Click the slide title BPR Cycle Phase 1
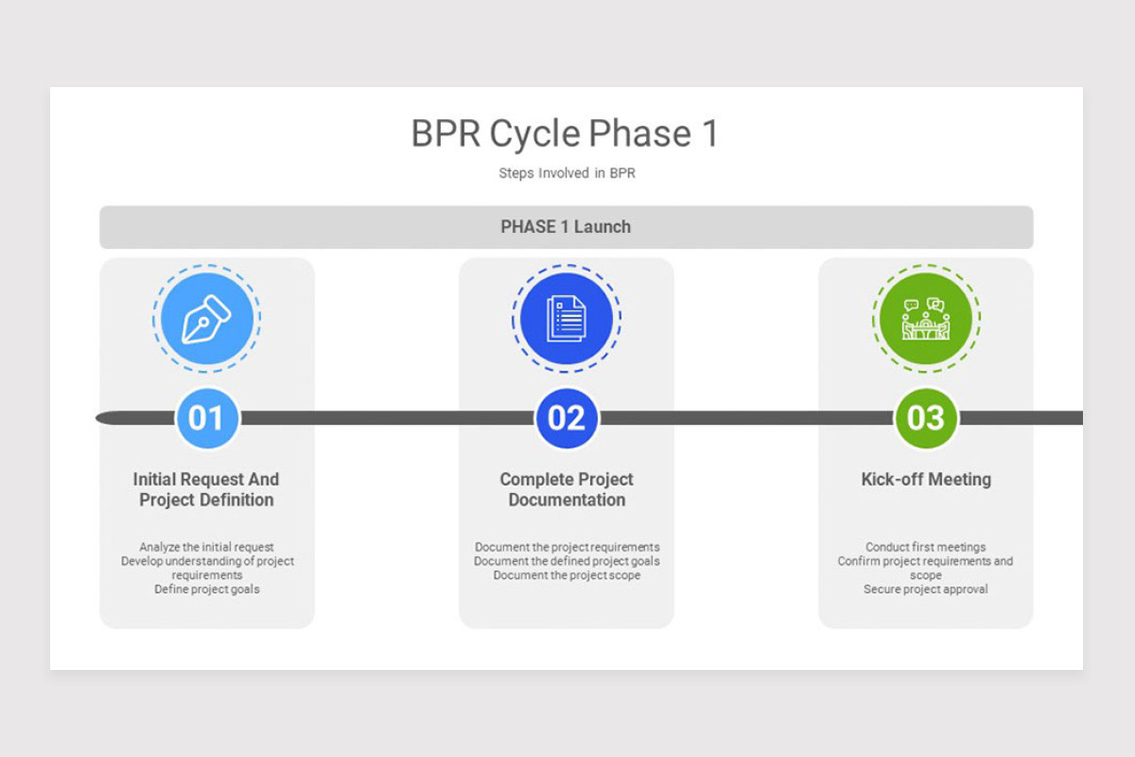565,133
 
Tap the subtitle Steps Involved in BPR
567,173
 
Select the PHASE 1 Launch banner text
566,227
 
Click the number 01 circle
206,417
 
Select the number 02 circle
566,417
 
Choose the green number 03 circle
925,417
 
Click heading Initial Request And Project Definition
206,489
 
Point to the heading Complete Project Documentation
567,489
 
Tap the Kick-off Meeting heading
926,479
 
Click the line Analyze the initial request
206,547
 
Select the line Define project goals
206,589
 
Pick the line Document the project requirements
567,547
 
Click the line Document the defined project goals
567,561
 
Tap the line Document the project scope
567,575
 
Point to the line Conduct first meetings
925,547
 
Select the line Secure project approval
925,589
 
